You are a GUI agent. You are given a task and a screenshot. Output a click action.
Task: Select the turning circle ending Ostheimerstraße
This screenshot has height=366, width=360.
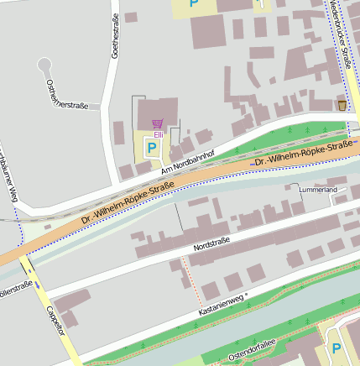coord(44,65)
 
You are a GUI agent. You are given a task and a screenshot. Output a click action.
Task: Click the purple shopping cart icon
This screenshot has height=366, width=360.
coord(157,123)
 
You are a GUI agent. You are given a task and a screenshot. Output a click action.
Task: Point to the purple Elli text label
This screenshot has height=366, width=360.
coord(158,133)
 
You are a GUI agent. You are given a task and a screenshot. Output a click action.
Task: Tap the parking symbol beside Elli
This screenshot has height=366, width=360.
coord(152,148)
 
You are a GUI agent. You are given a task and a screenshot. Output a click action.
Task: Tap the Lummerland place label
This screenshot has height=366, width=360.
coord(318,191)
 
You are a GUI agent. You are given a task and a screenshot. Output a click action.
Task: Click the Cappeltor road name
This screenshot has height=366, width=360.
coord(55,319)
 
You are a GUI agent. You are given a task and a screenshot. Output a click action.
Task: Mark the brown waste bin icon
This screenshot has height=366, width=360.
coord(341,105)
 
